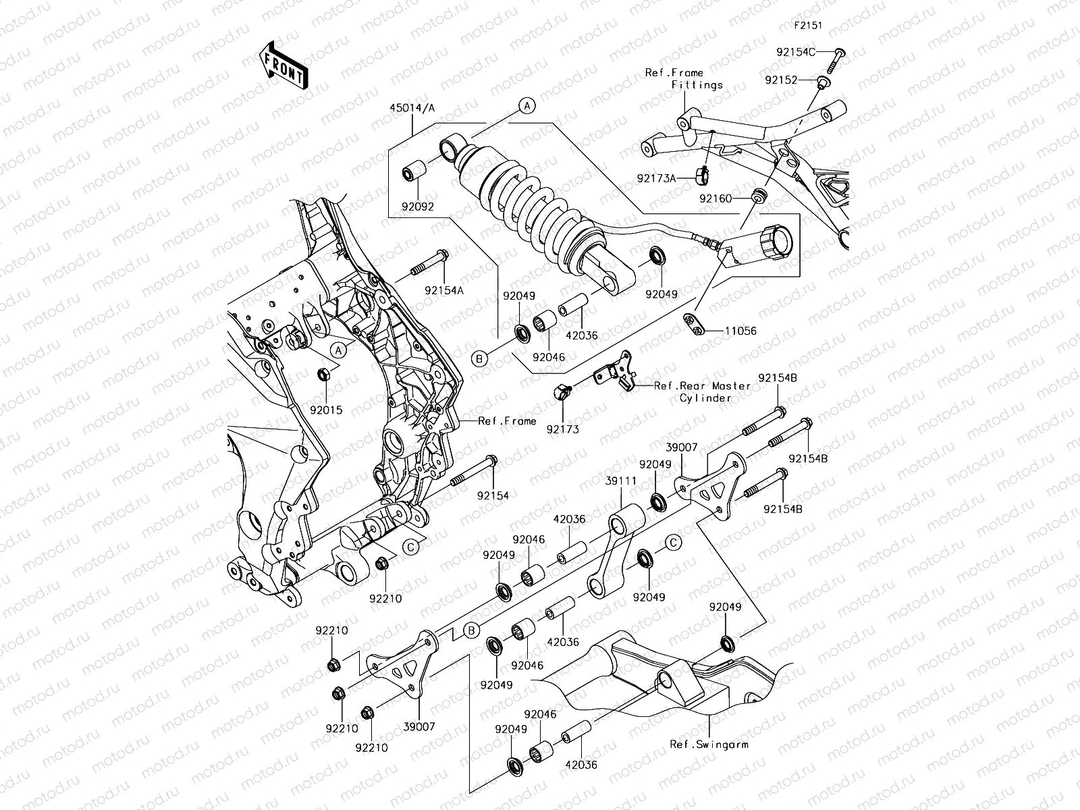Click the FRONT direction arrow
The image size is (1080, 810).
point(283,65)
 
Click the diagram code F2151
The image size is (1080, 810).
point(807,26)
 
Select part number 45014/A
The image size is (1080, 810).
point(412,109)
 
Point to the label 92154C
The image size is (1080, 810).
point(794,51)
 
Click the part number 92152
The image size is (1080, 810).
point(781,80)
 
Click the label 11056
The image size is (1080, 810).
point(740,331)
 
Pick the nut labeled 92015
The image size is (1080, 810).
point(323,373)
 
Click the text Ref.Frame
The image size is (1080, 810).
point(507,421)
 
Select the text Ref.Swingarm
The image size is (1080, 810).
point(709,745)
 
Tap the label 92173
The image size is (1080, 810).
point(563,429)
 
